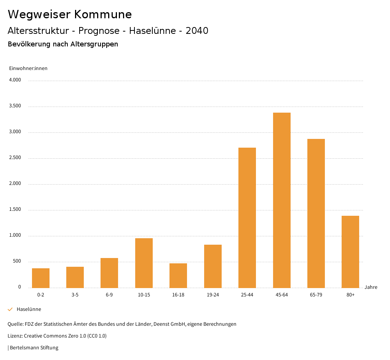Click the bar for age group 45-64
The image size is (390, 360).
[281, 200]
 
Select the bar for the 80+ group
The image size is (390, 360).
[350, 252]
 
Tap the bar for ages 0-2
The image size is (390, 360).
[41, 278]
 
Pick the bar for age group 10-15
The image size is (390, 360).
[144, 263]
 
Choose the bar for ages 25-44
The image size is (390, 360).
[247, 218]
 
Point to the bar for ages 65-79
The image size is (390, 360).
[316, 213]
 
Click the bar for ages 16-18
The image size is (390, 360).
[178, 276]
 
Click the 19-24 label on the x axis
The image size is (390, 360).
[213, 295]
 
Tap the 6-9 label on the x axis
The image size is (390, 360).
[109, 295]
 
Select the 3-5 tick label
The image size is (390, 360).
[75, 295]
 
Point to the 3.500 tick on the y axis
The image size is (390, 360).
[15, 106]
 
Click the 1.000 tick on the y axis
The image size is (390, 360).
[15, 236]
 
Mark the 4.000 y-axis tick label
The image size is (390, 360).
[15, 80]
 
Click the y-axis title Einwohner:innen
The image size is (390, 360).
[28, 68]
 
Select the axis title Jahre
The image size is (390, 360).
[371, 287]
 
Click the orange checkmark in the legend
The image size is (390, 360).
[10, 309]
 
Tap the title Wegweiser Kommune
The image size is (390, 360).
[70, 14]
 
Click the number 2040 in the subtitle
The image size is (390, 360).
[197, 31]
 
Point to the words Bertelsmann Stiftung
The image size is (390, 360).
[34, 347]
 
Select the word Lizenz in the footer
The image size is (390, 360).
[15, 336]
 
